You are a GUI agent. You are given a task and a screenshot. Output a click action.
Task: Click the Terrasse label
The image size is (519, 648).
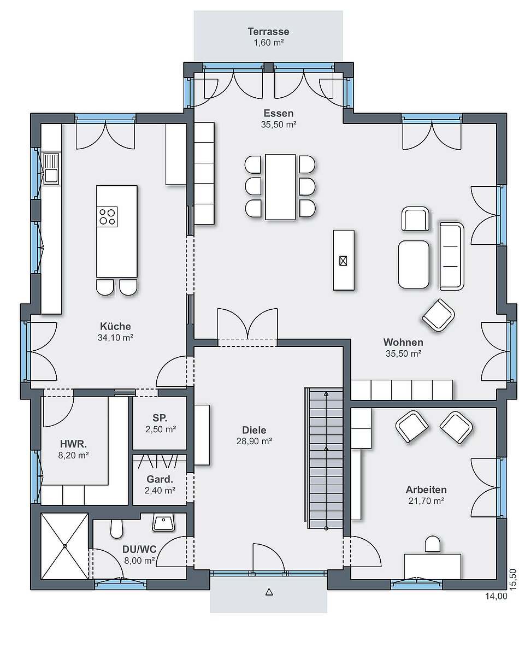click(268, 31)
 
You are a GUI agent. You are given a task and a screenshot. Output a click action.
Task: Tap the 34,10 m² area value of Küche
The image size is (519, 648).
click(115, 338)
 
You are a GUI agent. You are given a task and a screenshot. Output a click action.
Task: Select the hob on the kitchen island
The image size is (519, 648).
click(107, 216)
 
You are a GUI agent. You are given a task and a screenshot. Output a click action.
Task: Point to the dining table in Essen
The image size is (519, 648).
click(281, 187)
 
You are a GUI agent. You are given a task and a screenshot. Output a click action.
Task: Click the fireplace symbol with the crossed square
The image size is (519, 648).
click(343, 261)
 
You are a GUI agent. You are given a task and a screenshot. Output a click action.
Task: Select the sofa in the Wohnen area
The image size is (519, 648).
click(452, 256)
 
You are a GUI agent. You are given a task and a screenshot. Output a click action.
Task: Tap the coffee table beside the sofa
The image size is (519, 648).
click(414, 264)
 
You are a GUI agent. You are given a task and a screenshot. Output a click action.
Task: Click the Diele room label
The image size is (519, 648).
click(254, 430)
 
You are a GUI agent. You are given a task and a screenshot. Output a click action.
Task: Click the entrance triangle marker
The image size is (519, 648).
click(269, 592)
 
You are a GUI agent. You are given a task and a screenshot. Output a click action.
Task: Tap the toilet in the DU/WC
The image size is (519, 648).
click(117, 528)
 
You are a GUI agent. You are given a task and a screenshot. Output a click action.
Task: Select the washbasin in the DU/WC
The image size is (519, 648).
click(164, 522)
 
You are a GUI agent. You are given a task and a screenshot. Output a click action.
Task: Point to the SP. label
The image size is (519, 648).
click(160, 418)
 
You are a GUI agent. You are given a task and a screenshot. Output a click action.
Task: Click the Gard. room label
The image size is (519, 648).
click(160, 479)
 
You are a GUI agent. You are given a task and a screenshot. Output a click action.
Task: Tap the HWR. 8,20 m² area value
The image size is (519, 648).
click(74, 456)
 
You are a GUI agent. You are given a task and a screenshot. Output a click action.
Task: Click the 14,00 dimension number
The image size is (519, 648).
click(496, 596)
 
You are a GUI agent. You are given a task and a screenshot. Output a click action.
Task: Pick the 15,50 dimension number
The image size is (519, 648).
click(513, 579)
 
